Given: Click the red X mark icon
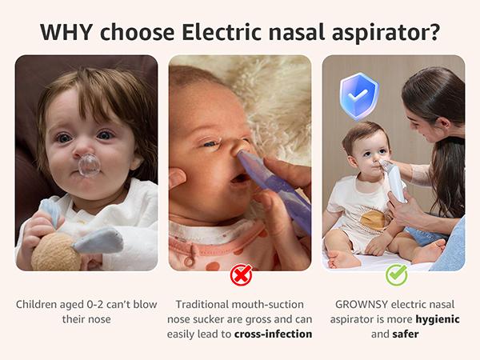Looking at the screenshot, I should click(x=240, y=275).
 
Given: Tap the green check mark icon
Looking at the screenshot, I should click(x=396, y=275).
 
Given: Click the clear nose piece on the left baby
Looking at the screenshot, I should click(x=89, y=165).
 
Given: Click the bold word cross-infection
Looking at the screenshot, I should click(x=273, y=334).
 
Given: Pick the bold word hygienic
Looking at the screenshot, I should click(x=434, y=319).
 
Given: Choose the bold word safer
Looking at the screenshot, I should click(x=405, y=334).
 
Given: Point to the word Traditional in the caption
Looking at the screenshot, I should click(x=206, y=304).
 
